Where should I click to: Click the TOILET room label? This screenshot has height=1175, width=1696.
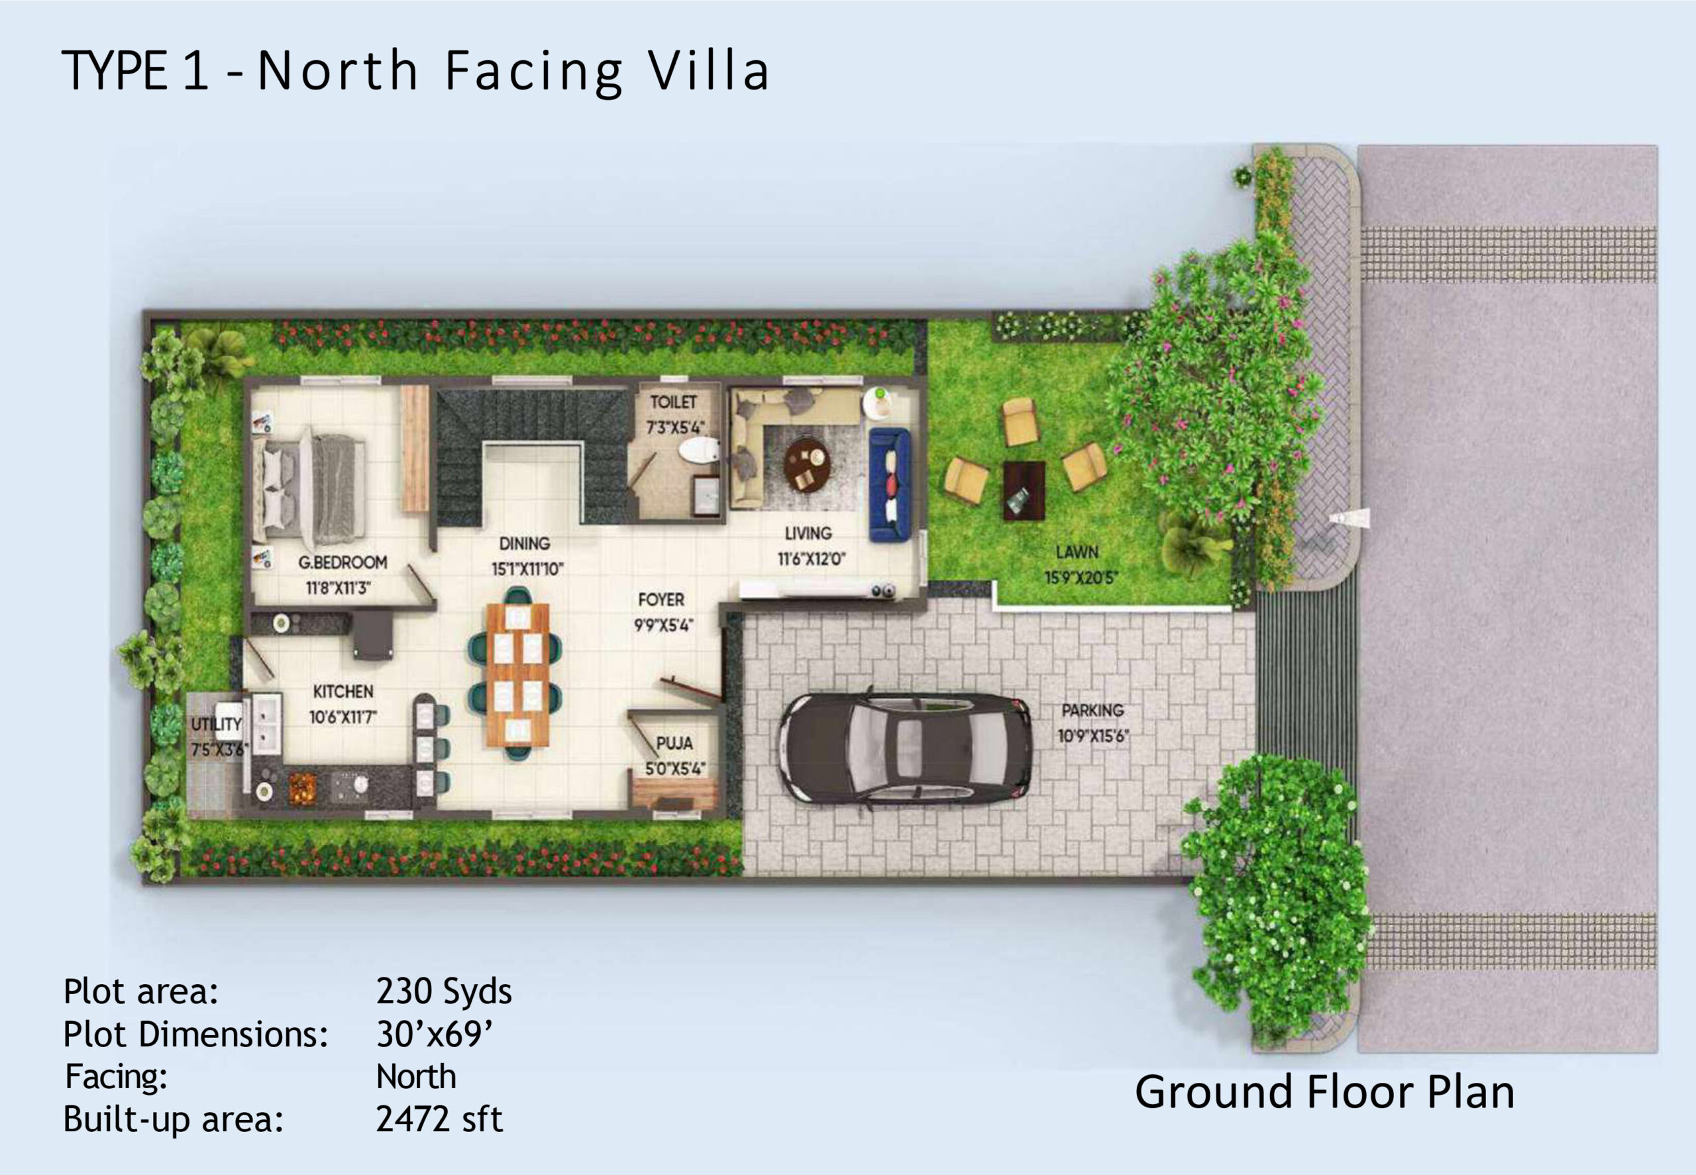[672, 402]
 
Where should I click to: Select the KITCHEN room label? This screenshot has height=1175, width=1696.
[343, 691]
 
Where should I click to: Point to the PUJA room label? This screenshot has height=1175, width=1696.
[674, 744]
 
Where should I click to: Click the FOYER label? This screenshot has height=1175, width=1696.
[661, 600]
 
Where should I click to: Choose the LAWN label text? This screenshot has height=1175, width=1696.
[1077, 551]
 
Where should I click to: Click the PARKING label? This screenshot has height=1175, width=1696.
[1092, 710]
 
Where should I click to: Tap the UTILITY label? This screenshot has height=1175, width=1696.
[217, 724]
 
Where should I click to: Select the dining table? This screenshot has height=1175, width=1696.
[519, 675]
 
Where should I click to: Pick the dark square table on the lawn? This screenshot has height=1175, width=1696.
[1024, 490]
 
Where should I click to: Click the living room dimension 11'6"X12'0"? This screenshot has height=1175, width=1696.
[811, 559]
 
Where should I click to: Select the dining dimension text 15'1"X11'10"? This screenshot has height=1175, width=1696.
[527, 569]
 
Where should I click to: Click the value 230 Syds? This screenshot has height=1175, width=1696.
[444, 991]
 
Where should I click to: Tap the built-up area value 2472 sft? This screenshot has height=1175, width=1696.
[439, 1119]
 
